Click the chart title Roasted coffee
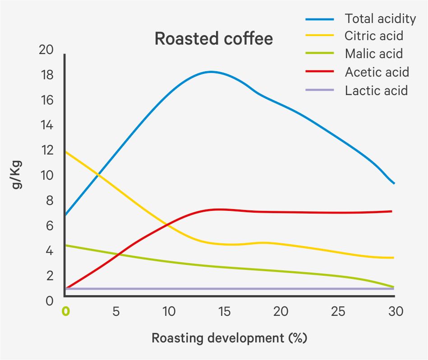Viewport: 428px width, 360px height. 213,39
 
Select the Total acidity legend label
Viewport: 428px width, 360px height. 380,18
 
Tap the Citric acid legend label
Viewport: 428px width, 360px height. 373,36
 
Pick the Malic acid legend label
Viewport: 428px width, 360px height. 373,54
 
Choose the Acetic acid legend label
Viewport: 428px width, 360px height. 377,72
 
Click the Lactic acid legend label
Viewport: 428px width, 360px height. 376,90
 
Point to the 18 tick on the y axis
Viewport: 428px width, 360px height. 47,75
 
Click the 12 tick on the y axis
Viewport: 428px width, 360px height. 47,150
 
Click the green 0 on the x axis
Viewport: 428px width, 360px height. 66,311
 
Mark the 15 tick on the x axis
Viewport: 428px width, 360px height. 224,311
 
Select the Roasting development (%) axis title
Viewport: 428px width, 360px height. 229,338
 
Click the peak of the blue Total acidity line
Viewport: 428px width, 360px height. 210,72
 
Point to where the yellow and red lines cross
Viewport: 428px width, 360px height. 168,224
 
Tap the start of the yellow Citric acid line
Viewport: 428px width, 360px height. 66,152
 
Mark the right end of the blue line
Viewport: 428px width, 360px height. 394,183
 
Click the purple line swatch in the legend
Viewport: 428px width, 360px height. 320,90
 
